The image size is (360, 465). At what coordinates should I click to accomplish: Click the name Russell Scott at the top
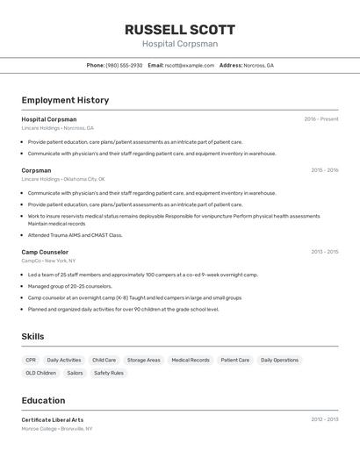(x=180, y=29)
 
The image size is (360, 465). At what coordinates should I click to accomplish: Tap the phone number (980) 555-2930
(x=124, y=66)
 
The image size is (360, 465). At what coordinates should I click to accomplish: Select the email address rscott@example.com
(x=189, y=66)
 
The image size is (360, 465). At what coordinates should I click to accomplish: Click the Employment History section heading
(x=65, y=100)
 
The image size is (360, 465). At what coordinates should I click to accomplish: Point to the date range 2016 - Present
(x=321, y=119)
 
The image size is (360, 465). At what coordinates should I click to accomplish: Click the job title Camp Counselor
(x=45, y=252)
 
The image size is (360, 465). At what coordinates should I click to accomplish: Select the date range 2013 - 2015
(x=324, y=252)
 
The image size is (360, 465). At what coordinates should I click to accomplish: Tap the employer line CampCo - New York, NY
(x=48, y=261)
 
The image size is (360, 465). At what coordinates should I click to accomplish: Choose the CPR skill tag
(x=31, y=360)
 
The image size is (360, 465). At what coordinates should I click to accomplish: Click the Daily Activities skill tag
(x=64, y=360)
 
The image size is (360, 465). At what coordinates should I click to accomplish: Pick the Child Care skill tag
(x=104, y=360)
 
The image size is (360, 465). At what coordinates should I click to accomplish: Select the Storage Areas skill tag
(x=143, y=360)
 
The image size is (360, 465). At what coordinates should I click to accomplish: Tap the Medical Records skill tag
(x=191, y=360)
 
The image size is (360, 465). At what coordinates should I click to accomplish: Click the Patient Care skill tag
(x=234, y=360)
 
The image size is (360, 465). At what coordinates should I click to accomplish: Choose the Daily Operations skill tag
(x=279, y=360)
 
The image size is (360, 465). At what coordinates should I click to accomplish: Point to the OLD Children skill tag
(x=40, y=373)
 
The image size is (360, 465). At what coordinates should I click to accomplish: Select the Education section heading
(x=43, y=400)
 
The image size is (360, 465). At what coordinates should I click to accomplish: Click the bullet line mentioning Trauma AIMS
(x=75, y=235)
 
